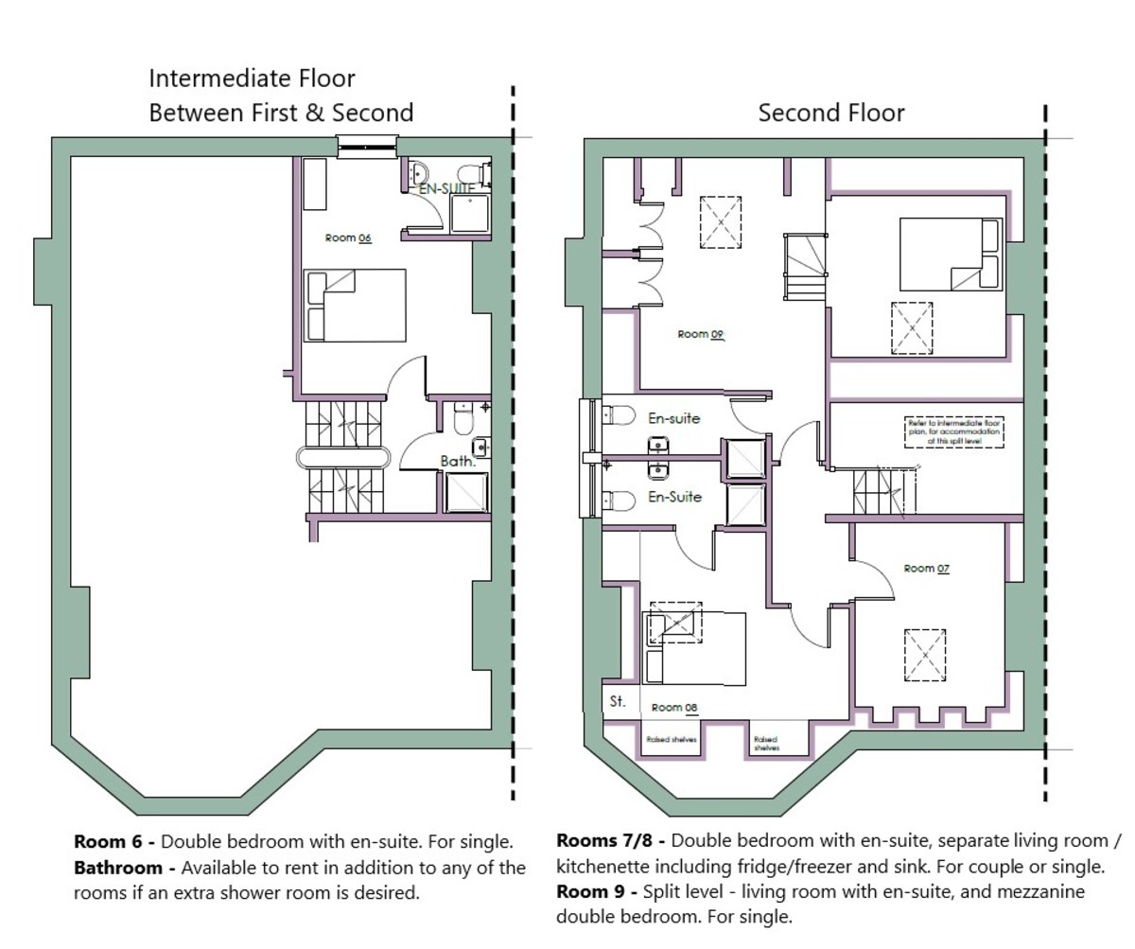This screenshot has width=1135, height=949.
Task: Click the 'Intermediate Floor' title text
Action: (x=253, y=78)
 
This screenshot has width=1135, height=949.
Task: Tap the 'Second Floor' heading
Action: (x=831, y=114)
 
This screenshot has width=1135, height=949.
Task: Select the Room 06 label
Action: (x=347, y=238)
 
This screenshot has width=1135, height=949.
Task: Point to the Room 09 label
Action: (x=701, y=335)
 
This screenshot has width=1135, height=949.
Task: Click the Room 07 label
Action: (x=926, y=569)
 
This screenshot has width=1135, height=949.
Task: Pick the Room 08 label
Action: (x=674, y=708)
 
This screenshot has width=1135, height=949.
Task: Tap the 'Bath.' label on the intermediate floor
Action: (x=457, y=462)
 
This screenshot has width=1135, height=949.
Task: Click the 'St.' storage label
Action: (x=619, y=701)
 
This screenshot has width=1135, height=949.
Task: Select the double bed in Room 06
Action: (x=355, y=305)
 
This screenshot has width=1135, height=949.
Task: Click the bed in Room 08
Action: (x=694, y=647)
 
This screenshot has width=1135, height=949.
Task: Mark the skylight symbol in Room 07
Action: (x=924, y=654)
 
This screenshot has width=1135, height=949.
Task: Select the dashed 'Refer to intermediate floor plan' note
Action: (x=952, y=431)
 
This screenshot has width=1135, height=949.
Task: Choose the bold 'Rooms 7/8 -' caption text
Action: (x=610, y=841)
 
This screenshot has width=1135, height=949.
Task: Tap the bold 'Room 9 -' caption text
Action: (x=595, y=891)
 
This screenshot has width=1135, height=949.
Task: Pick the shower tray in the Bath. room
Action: (x=467, y=493)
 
